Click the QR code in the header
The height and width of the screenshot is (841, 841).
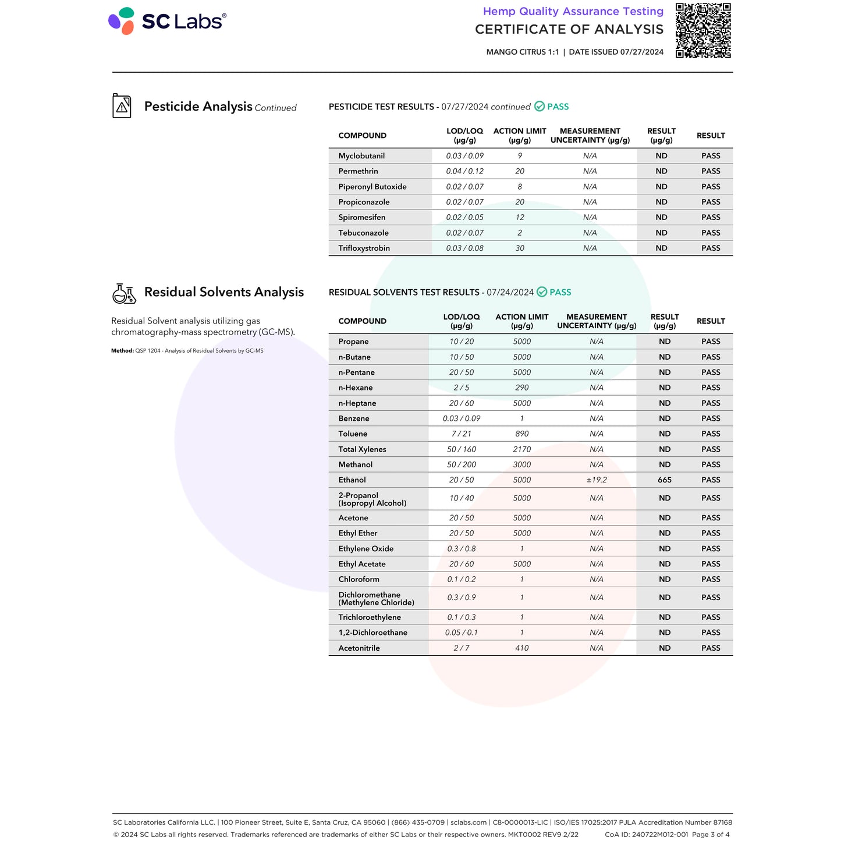coord(702,30)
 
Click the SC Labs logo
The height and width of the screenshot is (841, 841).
coord(167,21)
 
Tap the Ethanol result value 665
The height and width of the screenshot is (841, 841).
coord(665,480)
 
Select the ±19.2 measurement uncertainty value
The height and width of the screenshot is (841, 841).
coord(596,480)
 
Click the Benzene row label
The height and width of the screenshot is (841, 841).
coord(354,418)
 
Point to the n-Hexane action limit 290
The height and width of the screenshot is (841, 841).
coord(521,388)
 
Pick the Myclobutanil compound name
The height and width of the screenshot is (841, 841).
coord(361,156)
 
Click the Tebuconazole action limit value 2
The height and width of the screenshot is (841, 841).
coord(520,233)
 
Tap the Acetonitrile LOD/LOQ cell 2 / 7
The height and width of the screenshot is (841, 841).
coord(461,648)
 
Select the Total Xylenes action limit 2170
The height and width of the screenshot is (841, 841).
coord(521,449)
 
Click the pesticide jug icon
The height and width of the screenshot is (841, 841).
coord(122,106)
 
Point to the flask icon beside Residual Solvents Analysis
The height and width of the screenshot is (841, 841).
coord(124,293)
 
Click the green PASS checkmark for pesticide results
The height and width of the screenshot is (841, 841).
coord(540,107)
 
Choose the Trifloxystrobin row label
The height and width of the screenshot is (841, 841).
coord(364,249)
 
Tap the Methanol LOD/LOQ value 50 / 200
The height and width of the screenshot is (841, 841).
coord(461,465)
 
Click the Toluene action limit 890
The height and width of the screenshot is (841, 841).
coord(521,434)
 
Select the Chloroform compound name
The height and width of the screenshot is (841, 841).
coord(359,580)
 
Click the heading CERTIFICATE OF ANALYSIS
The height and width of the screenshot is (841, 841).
coord(569,30)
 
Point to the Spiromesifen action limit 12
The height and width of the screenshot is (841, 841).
coord(520,218)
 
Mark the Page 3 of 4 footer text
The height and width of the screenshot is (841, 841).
coord(710,835)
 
